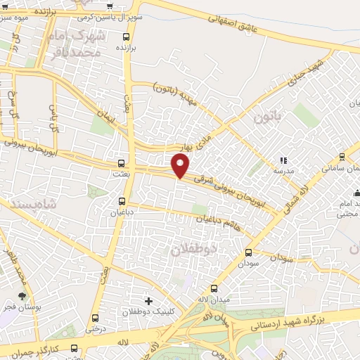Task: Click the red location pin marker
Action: pos(181,165)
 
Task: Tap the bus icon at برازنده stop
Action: pos(126,37)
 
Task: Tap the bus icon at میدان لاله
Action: pos(214,288)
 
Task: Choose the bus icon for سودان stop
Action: pos(247,253)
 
